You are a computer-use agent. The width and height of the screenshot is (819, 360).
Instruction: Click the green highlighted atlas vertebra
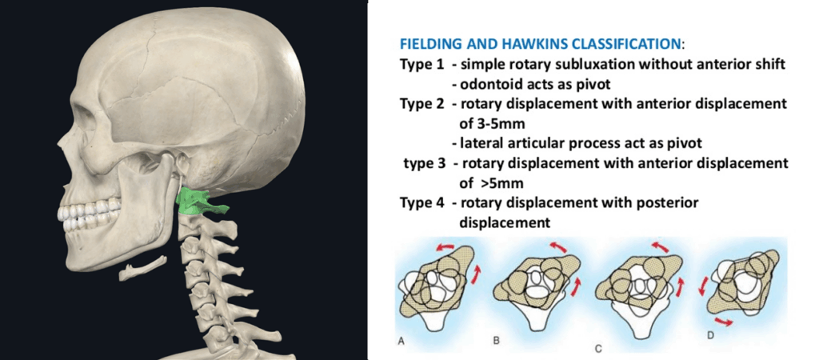(196, 201)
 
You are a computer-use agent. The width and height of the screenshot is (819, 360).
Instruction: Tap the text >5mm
(496, 183)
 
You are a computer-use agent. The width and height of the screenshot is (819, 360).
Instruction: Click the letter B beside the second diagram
(496, 340)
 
